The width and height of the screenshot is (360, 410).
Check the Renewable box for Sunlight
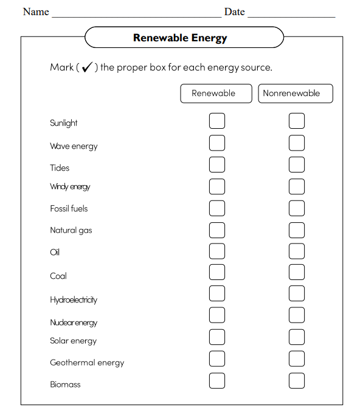point(216,121)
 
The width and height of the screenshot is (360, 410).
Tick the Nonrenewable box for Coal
point(296,272)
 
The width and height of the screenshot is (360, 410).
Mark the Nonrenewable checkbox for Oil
point(296,251)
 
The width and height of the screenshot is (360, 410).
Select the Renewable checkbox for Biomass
point(216,380)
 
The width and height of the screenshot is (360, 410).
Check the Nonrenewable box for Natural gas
point(296,230)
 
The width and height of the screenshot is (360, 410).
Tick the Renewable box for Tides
point(216,165)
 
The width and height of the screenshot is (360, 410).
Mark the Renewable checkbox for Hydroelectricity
point(216,294)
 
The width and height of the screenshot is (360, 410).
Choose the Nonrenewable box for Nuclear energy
point(296,315)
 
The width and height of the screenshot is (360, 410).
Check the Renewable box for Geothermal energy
point(216,358)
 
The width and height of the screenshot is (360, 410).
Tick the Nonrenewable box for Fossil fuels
point(296,208)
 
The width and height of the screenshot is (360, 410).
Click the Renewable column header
point(216,94)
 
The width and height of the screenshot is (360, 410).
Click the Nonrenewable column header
point(296,94)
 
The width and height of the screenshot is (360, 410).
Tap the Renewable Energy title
point(180,38)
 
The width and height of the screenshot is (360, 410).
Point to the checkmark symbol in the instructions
point(87,67)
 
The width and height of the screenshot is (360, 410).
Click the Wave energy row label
point(74,146)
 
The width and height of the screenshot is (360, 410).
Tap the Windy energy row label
point(70,187)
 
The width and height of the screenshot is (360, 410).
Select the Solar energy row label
point(73,341)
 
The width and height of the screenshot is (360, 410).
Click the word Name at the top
point(36,12)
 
